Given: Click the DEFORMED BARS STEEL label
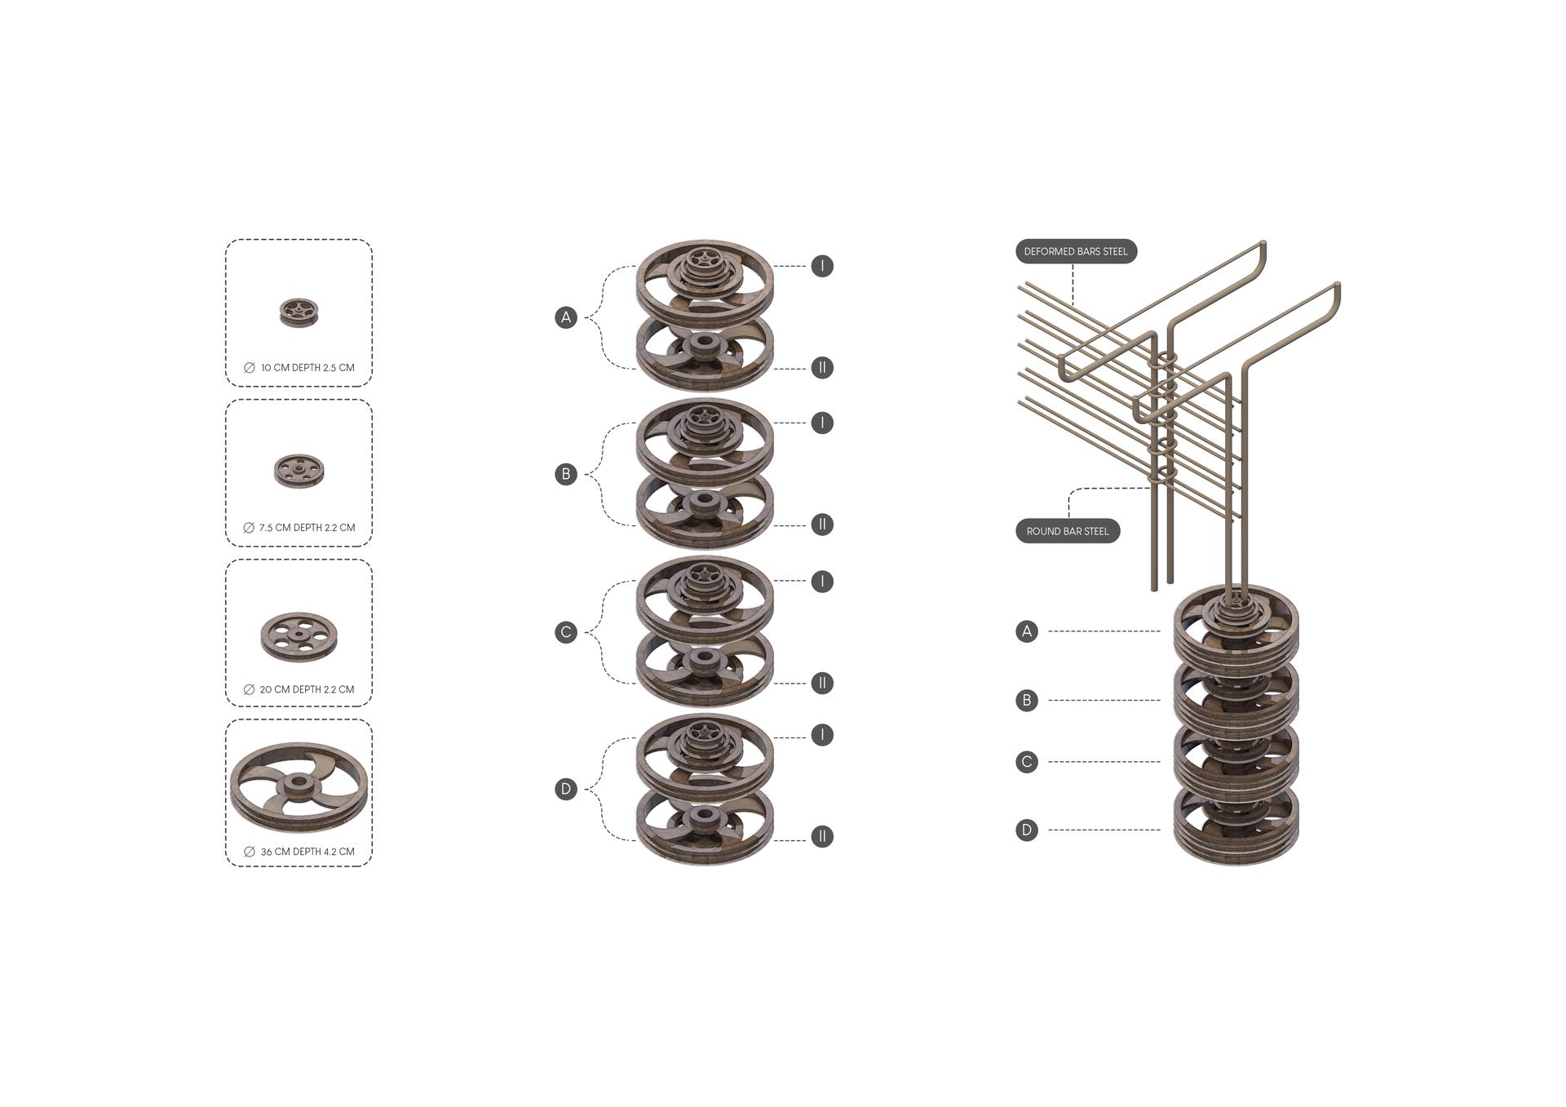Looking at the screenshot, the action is click(x=1076, y=251).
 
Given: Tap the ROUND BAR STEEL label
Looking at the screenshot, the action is click(x=1068, y=531).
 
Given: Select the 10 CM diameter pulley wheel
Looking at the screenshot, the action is click(x=299, y=312).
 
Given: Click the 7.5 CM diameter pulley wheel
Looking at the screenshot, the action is click(x=299, y=471).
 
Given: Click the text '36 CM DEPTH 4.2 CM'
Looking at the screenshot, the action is click(x=307, y=852).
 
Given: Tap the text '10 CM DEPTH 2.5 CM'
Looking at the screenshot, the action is click(x=307, y=368).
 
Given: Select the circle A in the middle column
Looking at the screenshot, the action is click(x=566, y=317).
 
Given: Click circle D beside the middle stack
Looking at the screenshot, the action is click(x=566, y=789).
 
